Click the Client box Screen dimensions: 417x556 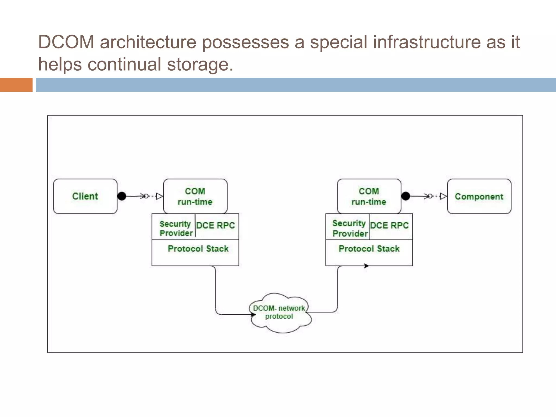point(85,196)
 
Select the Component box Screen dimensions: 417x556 point(479,196)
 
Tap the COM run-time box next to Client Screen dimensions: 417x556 point(195,196)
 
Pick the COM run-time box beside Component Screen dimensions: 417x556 point(369,196)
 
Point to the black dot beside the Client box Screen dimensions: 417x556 point(122,196)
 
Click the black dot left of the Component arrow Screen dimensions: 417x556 point(406,196)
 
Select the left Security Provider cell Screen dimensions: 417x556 point(175,228)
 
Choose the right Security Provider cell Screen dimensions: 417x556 point(349,228)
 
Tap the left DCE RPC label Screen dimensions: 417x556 point(215,225)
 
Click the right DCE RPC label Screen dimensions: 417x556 point(389,225)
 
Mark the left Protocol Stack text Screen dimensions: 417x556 point(198,249)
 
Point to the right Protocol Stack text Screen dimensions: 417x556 point(369,249)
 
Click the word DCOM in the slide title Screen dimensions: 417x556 point(66,42)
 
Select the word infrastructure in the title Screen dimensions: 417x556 point(427,42)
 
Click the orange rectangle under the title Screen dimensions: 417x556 point(16,85)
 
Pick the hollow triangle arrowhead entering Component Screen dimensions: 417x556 point(443,196)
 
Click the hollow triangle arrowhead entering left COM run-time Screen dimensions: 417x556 point(159,196)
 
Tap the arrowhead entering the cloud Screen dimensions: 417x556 point(253,314)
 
